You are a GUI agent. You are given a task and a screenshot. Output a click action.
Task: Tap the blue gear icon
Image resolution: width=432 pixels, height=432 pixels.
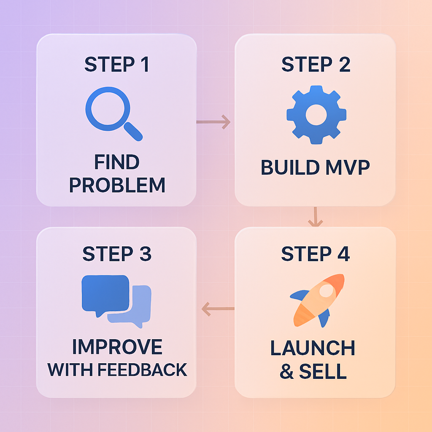pos(316,114)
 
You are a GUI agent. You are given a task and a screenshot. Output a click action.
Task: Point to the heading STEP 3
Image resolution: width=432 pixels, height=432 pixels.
pos(116,254)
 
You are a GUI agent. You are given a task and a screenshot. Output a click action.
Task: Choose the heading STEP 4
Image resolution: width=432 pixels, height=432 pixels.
pos(315,254)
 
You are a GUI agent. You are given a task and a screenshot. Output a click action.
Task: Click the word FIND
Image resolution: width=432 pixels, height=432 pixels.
pos(117,162)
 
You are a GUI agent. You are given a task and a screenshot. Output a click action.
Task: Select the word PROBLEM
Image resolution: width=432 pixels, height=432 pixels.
pos(117,185)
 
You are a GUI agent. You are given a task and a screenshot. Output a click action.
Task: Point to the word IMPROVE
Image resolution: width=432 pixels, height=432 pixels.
pos(117,347)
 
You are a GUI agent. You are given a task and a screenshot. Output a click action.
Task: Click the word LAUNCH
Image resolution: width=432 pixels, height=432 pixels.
pos(313,348)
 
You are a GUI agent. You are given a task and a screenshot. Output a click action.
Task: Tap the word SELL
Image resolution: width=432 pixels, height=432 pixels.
pos(323,371)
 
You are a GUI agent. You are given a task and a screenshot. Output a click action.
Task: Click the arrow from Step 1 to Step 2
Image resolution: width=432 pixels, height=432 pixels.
pos(213,122)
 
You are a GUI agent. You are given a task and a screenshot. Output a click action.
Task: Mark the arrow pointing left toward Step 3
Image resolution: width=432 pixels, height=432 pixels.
pos(218,309)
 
